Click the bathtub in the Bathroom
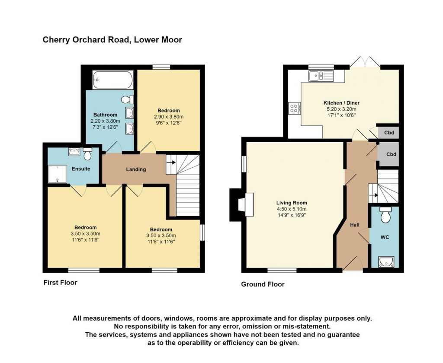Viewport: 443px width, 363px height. click(112, 80)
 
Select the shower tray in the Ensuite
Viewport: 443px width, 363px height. click(58, 174)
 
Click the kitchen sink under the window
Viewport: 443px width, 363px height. click(321, 76)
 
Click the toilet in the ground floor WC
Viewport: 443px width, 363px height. click(385, 214)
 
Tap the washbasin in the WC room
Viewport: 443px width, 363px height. click(385, 262)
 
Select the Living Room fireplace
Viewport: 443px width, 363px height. click(241, 205)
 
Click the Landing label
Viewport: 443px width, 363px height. click(136, 169)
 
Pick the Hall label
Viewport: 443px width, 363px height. click(355, 225)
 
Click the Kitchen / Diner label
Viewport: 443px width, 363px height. click(341, 103)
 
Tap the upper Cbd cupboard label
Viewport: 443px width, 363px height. click(389, 132)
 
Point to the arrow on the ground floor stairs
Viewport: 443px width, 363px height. click(374, 195)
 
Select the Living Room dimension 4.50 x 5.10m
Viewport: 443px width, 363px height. click(292, 209)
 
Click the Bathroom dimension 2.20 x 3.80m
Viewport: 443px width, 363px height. click(106, 121)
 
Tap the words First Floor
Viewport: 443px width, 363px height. click(60, 283)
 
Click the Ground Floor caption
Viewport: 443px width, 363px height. click(263, 284)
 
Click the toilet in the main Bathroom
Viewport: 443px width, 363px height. click(128, 99)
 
